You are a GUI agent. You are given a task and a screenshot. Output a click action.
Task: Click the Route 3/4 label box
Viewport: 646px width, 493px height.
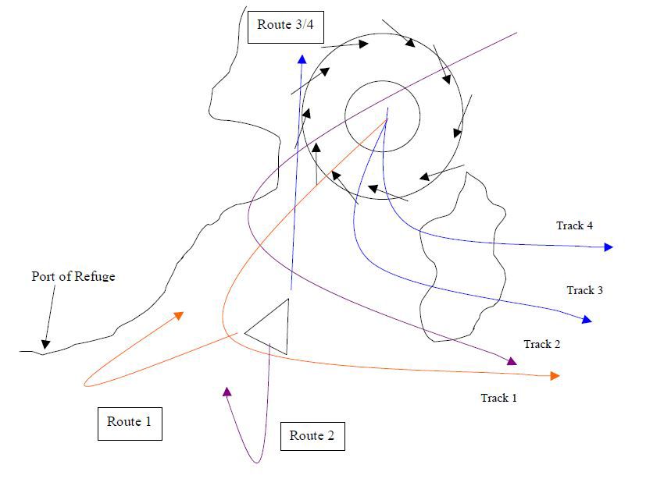(x=286, y=27)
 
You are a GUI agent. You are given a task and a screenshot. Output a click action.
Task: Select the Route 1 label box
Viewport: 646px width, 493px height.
(x=130, y=424)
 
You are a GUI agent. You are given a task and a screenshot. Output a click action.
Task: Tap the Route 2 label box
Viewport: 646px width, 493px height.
(x=312, y=436)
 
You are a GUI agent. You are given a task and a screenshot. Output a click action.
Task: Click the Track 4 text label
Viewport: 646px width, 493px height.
(x=574, y=225)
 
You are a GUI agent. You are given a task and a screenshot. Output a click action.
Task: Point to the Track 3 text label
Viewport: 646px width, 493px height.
(x=584, y=290)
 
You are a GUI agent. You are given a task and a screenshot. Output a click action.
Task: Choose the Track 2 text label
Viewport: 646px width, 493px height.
(x=542, y=344)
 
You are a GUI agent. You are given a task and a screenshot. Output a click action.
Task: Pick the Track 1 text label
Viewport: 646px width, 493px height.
(x=498, y=398)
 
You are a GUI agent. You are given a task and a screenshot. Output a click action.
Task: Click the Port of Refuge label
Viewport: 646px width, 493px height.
(x=73, y=276)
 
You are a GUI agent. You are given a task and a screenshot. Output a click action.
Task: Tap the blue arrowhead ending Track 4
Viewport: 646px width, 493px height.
(x=609, y=247)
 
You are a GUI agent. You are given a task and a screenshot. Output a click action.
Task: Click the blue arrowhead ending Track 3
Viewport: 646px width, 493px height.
(x=587, y=319)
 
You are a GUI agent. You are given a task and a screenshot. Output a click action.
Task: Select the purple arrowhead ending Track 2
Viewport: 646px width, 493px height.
(x=512, y=361)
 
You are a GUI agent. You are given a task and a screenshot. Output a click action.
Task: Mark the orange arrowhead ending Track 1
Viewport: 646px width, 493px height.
(x=555, y=376)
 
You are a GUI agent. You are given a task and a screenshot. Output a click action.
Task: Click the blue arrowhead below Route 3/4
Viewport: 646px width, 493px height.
(x=302, y=59)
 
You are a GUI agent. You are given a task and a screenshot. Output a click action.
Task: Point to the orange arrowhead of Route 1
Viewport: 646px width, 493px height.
(x=179, y=316)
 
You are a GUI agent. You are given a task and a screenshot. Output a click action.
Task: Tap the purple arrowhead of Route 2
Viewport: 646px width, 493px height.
(x=227, y=392)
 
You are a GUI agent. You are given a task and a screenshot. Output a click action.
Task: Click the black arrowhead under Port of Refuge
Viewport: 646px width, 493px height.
(x=45, y=344)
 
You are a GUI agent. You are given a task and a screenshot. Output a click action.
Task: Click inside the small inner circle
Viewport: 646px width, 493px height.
(x=382, y=116)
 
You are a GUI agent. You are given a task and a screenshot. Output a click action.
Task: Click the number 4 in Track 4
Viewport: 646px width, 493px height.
(x=590, y=225)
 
